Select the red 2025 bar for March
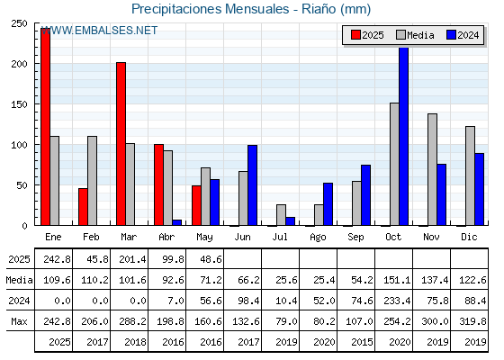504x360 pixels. pos(121,144)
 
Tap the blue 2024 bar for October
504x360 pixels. pos(404,136)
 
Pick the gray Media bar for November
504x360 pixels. pos(432,169)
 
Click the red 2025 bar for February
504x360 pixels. pos(83,207)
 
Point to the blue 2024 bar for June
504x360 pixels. pos(252,185)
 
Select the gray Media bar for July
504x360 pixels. pos(281,215)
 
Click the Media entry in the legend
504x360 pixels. pos(415,35)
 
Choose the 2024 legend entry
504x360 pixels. pos(463,35)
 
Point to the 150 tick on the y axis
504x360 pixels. pos(19,104)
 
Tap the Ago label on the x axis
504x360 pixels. pos(318,238)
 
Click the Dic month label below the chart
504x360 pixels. pos(469,237)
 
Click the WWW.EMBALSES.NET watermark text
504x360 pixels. pos(99,31)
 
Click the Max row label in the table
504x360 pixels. pos(19,321)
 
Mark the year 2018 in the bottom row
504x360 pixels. pos(135,342)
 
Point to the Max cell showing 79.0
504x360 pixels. pos(286,321)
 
